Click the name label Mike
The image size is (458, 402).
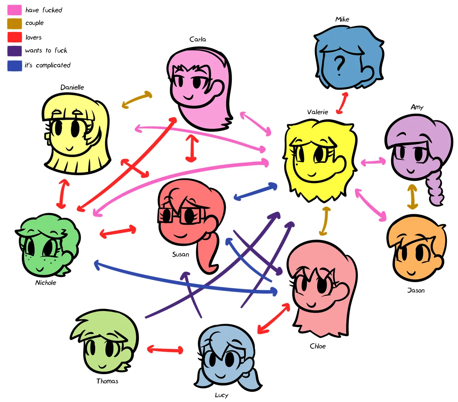coord(342,19)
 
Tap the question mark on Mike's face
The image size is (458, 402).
coord(339,66)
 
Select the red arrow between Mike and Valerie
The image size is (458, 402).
coord(342,103)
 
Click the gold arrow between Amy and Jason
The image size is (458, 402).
coord(412,196)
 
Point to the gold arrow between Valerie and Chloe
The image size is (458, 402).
coord(325,221)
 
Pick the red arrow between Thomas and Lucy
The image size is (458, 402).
coord(165,350)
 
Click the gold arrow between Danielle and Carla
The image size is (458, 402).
coord(137,100)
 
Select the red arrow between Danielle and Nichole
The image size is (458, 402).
coord(63,194)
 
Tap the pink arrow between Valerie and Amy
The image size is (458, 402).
coord(373,162)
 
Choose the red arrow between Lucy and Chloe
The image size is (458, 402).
coord(274,318)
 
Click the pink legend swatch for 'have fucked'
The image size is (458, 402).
coord(15,10)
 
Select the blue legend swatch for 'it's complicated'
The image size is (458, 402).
coord(15,66)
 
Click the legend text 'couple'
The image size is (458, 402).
coord(34,23)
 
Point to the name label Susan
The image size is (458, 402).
coord(181,254)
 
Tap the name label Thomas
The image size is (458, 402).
coord(107,381)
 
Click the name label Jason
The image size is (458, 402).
coord(416,290)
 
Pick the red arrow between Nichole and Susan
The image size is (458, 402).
coord(118,232)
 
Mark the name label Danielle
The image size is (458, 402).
coord(72,87)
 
